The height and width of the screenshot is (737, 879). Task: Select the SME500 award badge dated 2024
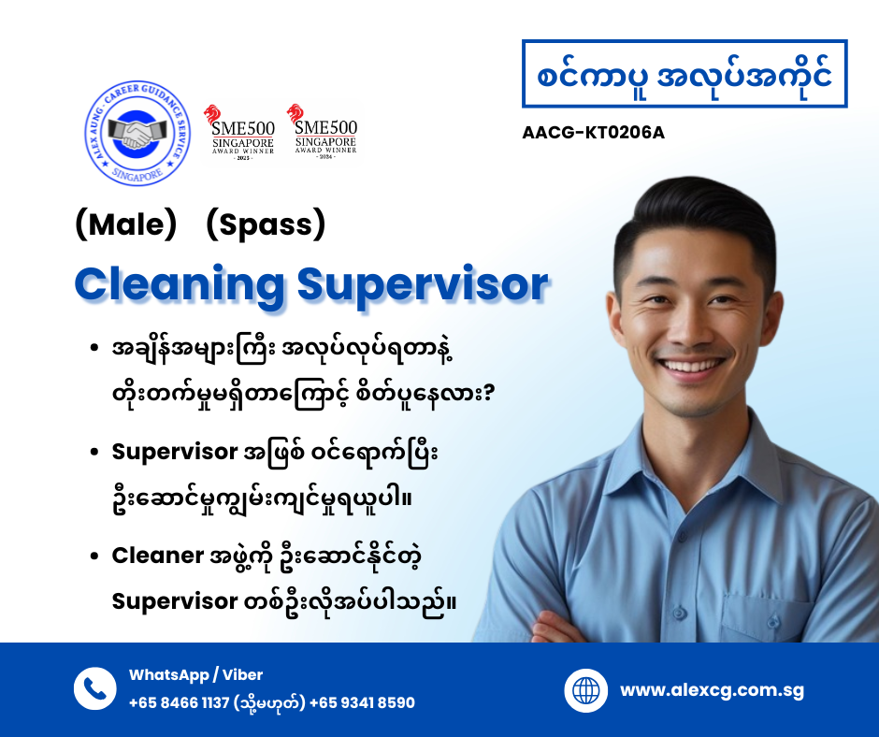(322, 131)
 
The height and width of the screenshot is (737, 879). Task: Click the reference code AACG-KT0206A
(593, 132)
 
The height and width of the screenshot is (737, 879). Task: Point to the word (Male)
(125, 225)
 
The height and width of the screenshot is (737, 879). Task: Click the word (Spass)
(266, 225)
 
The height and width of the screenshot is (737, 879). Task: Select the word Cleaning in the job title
(180, 283)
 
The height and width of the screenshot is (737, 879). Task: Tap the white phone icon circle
(95, 688)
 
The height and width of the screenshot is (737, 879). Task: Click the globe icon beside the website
(586, 691)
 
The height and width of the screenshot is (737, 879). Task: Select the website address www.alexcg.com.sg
(712, 691)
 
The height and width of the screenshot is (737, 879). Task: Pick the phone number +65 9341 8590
(362, 702)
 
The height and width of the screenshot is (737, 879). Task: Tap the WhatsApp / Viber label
(195, 674)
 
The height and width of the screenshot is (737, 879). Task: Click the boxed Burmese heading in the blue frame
(684, 75)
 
